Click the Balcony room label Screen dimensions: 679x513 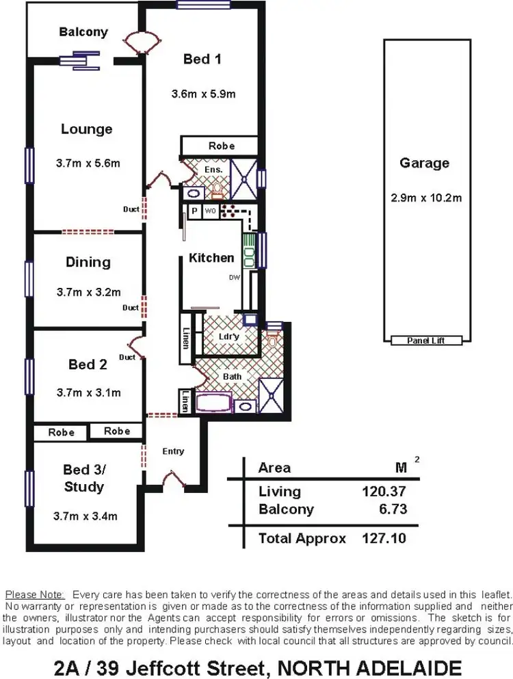[83, 32]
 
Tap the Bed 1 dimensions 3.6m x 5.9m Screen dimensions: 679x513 [203, 94]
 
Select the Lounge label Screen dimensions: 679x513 [86, 129]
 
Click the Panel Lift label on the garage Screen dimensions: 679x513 [425, 340]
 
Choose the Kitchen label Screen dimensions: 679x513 [211, 258]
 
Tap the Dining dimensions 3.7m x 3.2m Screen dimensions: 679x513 [88, 292]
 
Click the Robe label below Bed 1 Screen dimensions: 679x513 [222, 146]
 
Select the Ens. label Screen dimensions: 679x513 [213, 170]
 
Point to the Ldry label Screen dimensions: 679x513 [228, 336]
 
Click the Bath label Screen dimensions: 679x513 [233, 376]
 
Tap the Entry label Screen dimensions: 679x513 [173, 451]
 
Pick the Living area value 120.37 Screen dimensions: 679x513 [384, 491]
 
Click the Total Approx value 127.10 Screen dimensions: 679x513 [383, 538]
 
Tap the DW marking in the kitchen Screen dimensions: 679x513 [234, 278]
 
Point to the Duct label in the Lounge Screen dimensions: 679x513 [131, 209]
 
